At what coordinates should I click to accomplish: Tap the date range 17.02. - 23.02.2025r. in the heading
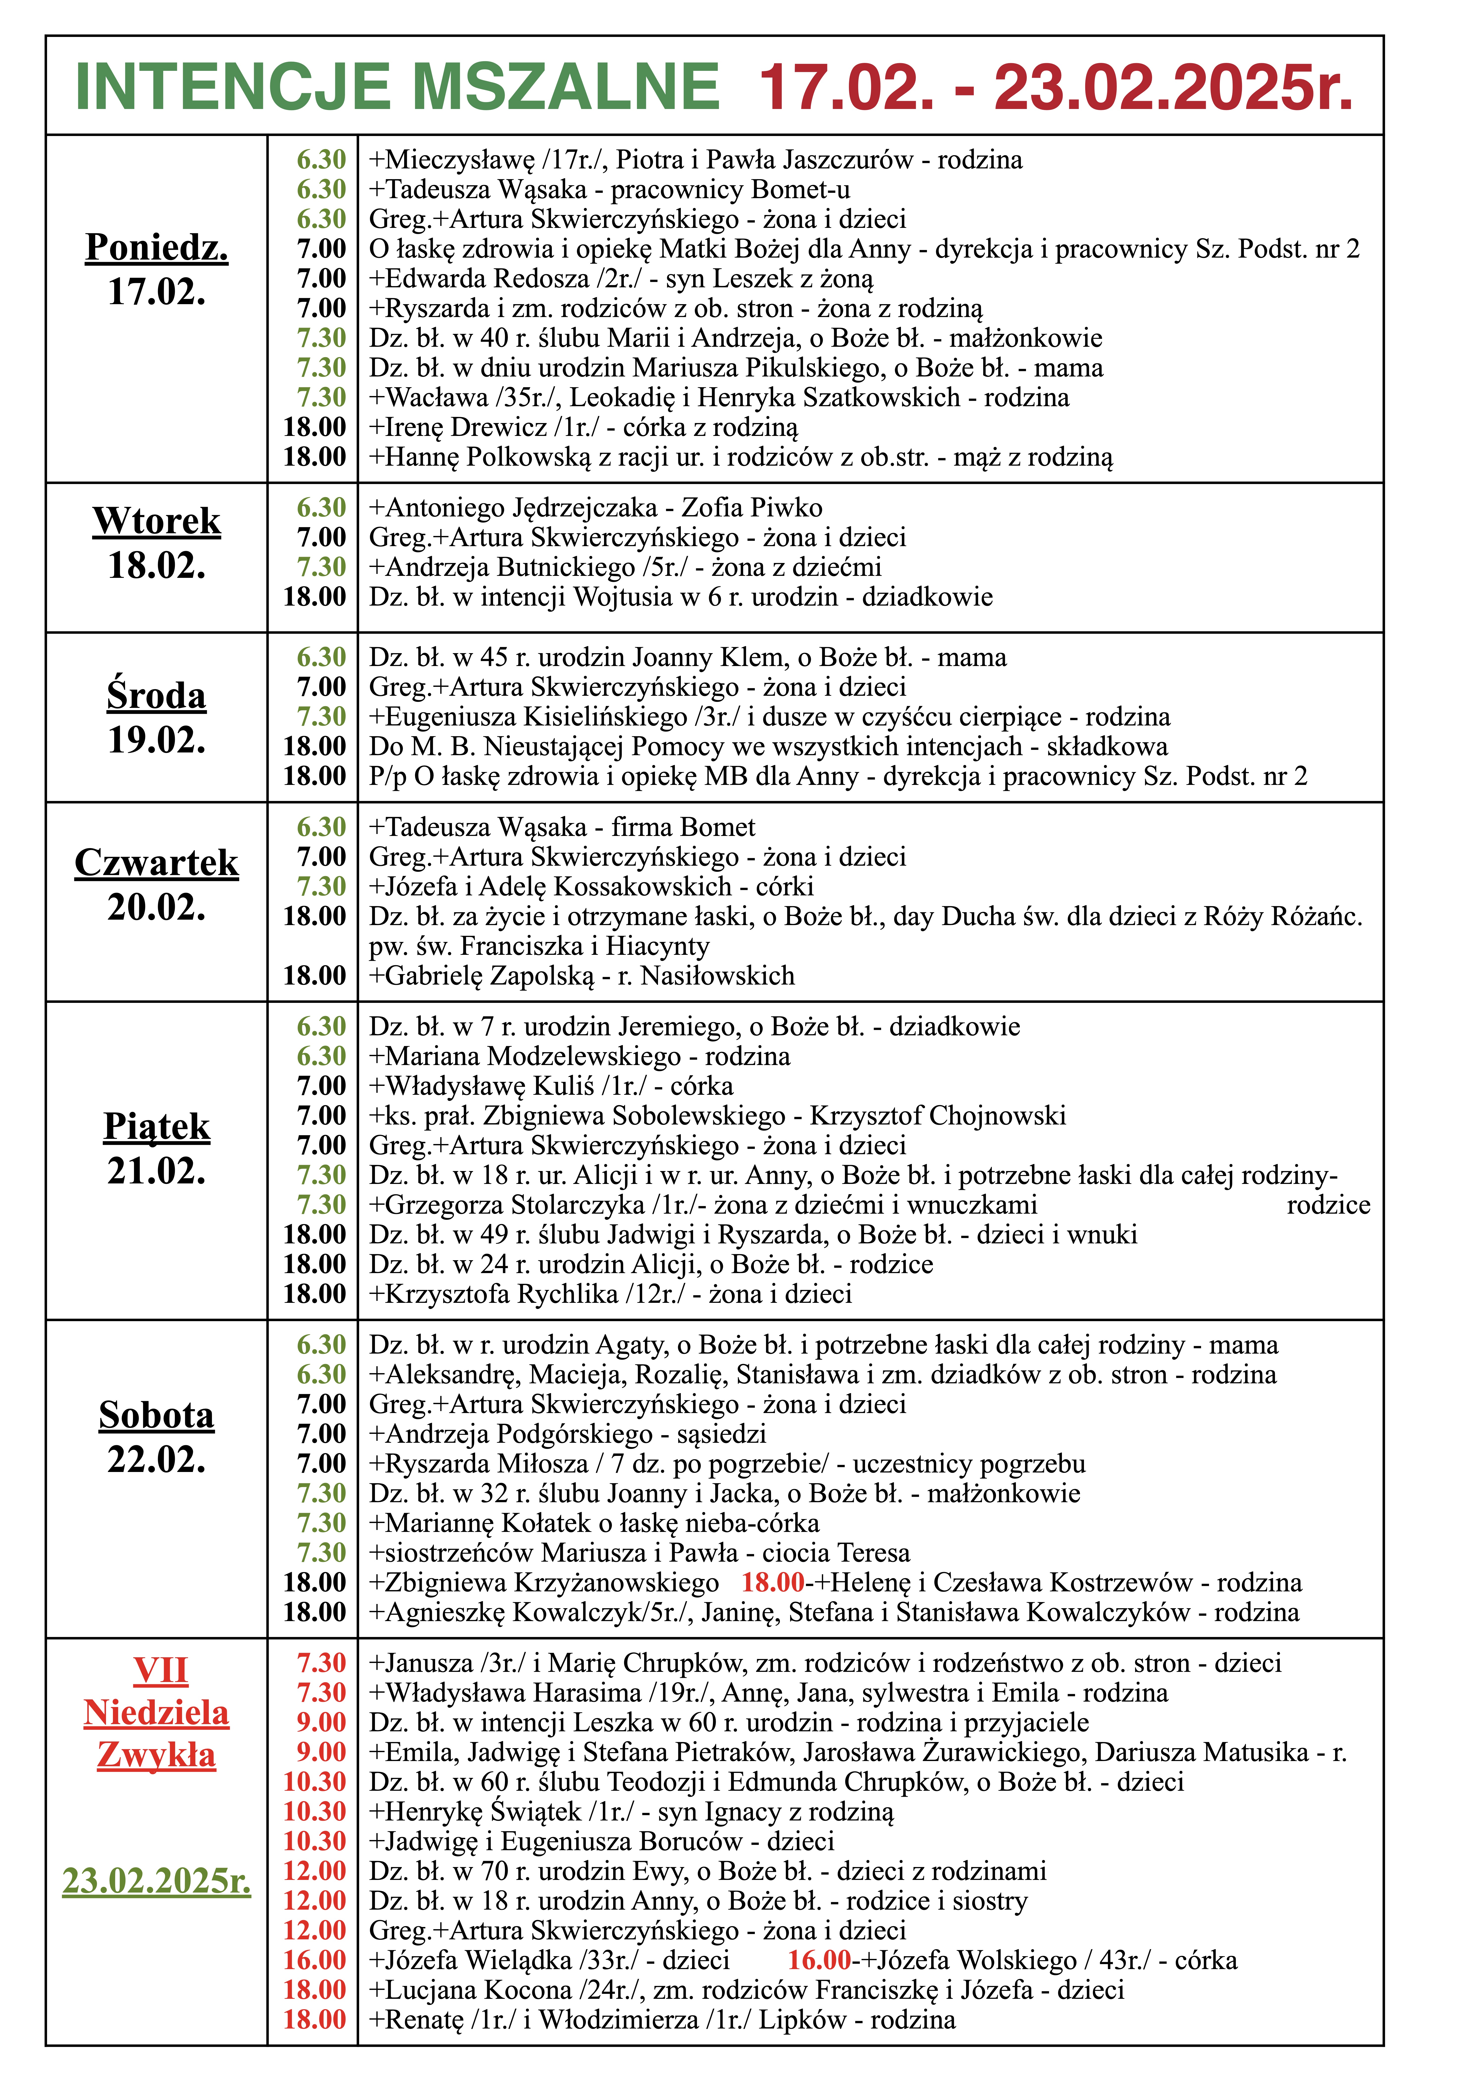1055,88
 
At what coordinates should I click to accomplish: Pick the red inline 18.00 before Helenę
772,1583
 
